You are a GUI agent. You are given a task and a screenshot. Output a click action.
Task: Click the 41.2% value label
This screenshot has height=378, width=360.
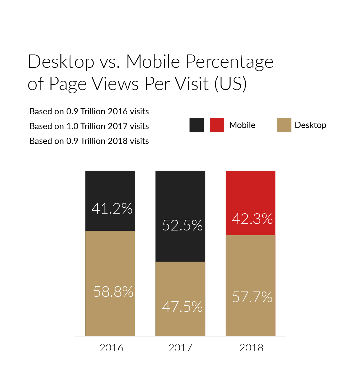point(112,209)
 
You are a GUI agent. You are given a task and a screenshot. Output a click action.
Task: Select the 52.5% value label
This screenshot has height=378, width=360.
point(182,225)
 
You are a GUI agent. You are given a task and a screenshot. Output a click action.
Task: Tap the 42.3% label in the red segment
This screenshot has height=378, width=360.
point(252,219)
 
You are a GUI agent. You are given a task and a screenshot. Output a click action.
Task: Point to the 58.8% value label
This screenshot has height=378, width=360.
point(113,291)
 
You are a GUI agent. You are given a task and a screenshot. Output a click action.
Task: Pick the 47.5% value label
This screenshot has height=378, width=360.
point(182,307)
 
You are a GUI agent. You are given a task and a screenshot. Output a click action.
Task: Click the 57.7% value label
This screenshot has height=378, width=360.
point(252,297)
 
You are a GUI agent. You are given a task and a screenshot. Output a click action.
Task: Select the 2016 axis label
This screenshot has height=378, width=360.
point(111,348)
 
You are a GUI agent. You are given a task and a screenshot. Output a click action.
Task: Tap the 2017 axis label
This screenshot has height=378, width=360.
point(180,348)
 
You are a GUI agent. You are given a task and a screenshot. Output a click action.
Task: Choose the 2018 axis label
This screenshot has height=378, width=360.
point(251,348)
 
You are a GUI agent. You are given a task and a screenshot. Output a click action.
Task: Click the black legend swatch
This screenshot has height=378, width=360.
point(197,125)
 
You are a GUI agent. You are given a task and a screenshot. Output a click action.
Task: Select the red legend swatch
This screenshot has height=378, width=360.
point(217,125)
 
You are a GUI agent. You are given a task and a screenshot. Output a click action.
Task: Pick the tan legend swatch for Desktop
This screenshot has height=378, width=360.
point(284,125)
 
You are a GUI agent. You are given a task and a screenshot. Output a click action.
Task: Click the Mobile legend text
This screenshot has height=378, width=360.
point(242,125)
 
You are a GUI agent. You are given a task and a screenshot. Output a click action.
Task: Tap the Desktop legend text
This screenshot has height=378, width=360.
point(310,125)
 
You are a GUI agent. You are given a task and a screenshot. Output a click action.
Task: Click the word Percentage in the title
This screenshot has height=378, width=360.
point(229,62)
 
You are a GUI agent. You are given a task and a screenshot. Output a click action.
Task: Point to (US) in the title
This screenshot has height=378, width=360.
point(230,84)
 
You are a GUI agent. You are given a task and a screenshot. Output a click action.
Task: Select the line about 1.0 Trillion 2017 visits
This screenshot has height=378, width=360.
point(89,126)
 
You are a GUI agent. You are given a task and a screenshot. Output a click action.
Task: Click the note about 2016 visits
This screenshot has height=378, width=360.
point(89,111)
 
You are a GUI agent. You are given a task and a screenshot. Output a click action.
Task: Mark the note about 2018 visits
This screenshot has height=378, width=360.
point(89,141)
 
